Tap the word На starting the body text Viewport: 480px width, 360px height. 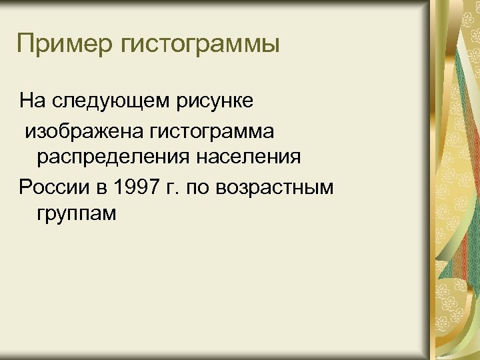31,101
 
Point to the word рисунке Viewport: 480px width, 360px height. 214,102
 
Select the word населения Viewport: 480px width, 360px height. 247,158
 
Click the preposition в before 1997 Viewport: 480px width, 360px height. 101,187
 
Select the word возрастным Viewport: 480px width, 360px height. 276,187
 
